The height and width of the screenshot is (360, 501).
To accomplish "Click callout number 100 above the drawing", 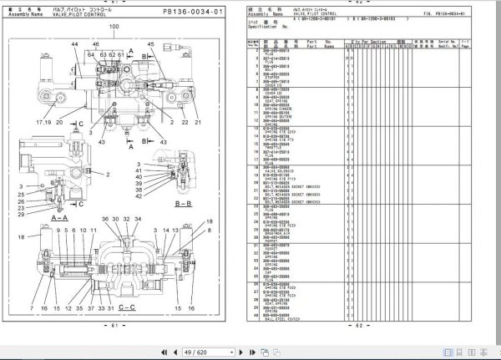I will (114, 27).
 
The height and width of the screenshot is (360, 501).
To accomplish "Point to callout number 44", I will (74, 43).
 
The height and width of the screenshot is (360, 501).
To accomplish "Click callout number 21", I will (198, 122).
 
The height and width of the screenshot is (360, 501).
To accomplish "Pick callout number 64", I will (90, 53).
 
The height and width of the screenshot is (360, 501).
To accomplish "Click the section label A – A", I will (59, 217).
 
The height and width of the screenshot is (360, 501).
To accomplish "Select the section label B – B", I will (185, 203).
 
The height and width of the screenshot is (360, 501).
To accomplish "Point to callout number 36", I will (106, 220).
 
